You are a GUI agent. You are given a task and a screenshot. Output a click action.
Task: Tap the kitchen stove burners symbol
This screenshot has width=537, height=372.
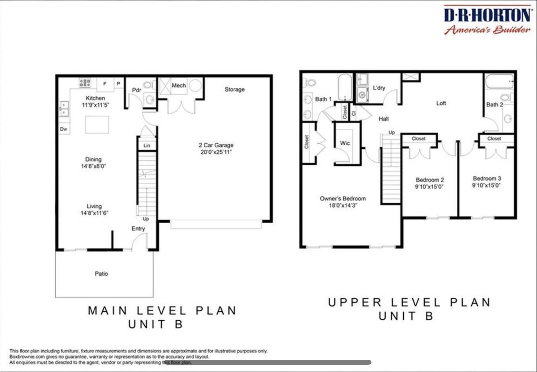pyautogui.click(x=85, y=83)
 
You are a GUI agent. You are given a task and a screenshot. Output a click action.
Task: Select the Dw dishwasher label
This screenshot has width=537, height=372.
pyautogui.click(x=63, y=129)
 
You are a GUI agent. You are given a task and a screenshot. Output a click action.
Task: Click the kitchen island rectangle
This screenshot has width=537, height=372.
pyautogui.click(x=97, y=125)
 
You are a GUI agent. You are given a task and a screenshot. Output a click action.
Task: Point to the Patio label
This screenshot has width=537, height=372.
pyautogui.click(x=101, y=274)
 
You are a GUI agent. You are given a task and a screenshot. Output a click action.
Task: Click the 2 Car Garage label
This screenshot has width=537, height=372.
pyautogui.click(x=216, y=145)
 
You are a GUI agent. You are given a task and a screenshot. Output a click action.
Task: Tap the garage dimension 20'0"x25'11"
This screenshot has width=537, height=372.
pyautogui.click(x=216, y=152)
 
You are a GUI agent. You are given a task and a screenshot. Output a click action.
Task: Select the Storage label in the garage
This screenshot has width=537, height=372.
pyautogui.click(x=234, y=89)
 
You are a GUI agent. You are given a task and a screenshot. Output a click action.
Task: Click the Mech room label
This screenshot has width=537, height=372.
pyautogui.click(x=179, y=85)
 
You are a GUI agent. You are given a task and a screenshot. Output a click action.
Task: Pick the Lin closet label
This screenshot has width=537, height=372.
pyautogui.click(x=147, y=145)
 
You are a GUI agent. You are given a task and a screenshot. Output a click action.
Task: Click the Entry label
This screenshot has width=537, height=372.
pyautogui.click(x=138, y=229)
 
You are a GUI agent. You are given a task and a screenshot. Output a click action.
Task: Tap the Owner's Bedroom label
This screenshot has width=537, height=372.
pyautogui.click(x=343, y=198)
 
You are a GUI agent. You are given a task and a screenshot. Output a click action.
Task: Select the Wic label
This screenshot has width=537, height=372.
pyautogui.click(x=345, y=143)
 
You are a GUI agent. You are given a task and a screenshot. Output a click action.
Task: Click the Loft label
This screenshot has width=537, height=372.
pyautogui.click(x=441, y=103)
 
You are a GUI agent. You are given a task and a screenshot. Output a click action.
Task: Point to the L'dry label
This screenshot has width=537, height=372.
pyautogui.click(x=379, y=88)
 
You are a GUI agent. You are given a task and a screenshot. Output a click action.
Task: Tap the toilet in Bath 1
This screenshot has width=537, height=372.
pyautogui.click(x=310, y=83)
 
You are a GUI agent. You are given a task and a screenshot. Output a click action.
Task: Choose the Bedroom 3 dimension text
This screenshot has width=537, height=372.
pyautogui.click(x=486, y=185)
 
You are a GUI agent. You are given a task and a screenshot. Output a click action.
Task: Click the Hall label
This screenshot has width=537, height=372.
pyautogui.click(x=384, y=119)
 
